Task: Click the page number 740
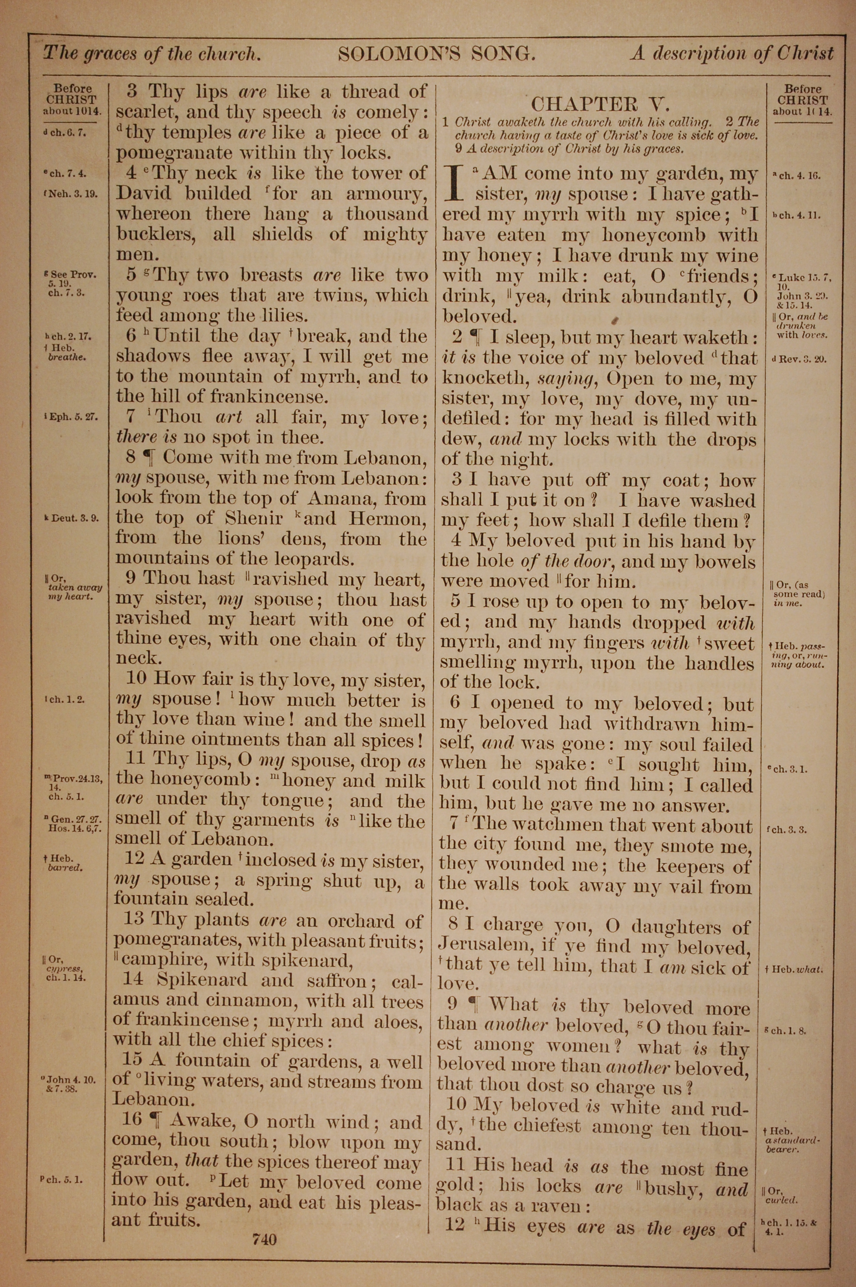265,1240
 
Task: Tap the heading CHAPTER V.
600,104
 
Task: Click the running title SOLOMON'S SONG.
437,53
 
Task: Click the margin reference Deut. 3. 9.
73,518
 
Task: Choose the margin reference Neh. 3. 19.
73,194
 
